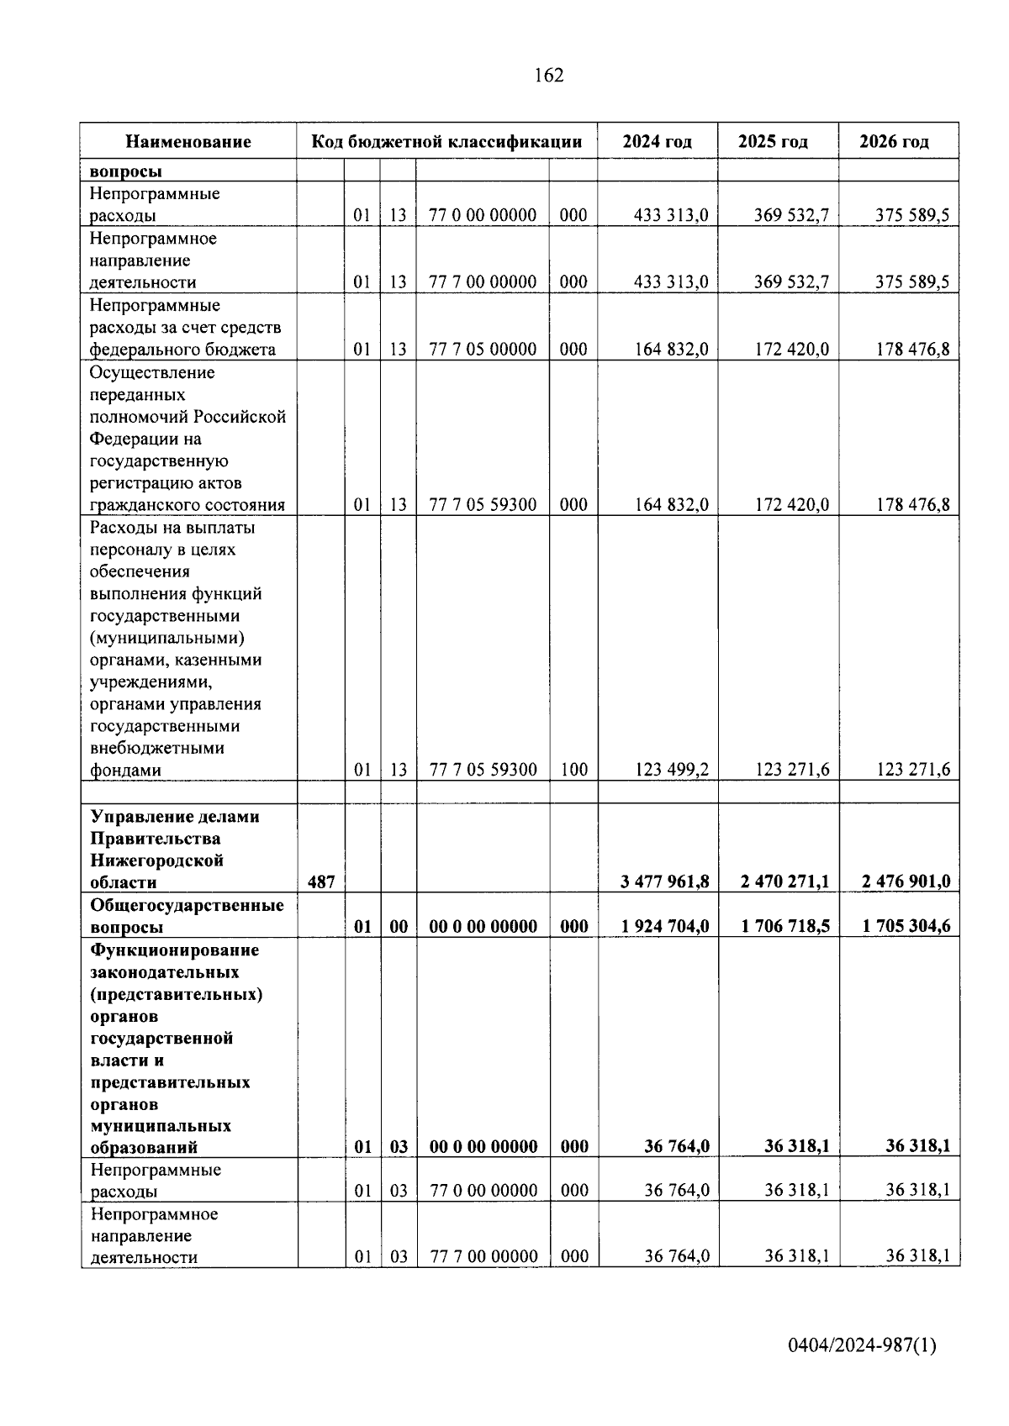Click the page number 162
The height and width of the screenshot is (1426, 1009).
(548, 76)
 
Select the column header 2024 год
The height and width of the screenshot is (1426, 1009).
(657, 141)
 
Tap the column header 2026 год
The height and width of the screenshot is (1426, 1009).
(895, 141)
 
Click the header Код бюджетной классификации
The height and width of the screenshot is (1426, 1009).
(446, 141)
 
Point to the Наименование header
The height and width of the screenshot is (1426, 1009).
(188, 141)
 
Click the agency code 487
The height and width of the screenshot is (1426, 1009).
(321, 881)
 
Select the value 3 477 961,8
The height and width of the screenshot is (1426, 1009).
(665, 881)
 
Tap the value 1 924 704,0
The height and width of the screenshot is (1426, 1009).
(665, 926)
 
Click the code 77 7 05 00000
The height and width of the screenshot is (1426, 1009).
(483, 349)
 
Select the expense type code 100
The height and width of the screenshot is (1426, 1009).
(573, 769)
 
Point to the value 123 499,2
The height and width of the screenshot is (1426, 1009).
(671, 769)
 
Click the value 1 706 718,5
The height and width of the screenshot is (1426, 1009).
(785, 926)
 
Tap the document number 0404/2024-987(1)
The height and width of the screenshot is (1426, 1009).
(862, 1345)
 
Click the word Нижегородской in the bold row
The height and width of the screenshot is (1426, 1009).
(156, 860)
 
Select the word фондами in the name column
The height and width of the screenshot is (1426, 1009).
(125, 770)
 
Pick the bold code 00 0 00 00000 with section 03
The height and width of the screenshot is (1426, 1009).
(483, 1146)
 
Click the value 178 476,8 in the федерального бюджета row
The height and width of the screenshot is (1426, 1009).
(912, 349)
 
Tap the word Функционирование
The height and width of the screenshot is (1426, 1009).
(174, 950)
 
